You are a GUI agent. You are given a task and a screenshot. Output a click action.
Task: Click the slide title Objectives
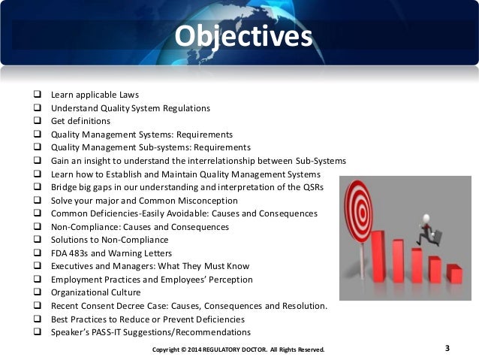(x=241, y=36)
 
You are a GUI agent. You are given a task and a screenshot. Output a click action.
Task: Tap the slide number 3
(x=448, y=347)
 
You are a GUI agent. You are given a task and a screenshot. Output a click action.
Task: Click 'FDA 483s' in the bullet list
(x=68, y=253)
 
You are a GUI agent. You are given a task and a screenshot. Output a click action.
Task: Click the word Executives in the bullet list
(x=73, y=266)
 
